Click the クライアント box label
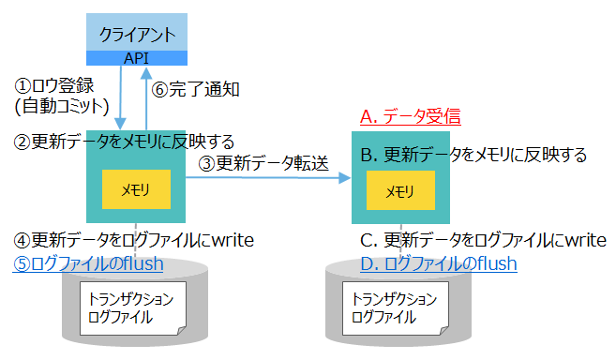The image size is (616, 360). [x=137, y=35]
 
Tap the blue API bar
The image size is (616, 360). [x=137, y=58]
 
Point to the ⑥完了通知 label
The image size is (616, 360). [x=196, y=90]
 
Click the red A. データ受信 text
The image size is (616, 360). [x=411, y=118]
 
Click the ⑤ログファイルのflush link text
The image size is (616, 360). [x=88, y=263]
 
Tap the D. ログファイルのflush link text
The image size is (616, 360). [x=439, y=264]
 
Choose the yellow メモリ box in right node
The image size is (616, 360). [x=400, y=191]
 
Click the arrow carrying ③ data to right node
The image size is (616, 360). [x=272, y=180]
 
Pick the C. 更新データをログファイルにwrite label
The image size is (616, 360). [x=483, y=241]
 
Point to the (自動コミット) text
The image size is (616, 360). [x=64, y=104]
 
